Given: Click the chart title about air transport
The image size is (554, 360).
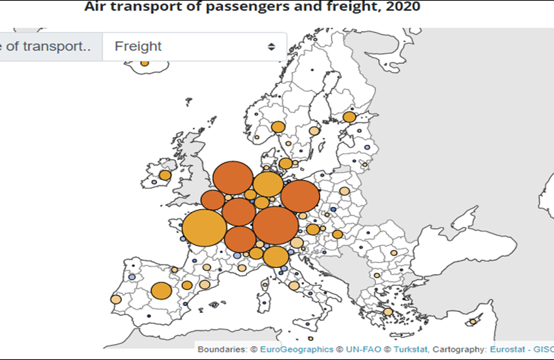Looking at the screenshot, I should (252, 7).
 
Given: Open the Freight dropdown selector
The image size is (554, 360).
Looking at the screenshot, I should (194, 46).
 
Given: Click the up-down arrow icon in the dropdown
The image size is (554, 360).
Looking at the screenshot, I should (272, 46).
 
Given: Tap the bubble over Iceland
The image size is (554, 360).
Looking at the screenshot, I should (145, 63).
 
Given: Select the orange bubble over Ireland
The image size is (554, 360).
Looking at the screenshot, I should (165, 175).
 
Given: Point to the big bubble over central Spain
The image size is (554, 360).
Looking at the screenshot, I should (161, 291).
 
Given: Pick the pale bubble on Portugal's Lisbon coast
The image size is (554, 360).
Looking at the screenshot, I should (116, 300).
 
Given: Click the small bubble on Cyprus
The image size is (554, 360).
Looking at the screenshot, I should (474, 321).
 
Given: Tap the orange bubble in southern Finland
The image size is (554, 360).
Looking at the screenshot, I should (350, 117).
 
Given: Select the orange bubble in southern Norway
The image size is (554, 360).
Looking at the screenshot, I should (278, 127).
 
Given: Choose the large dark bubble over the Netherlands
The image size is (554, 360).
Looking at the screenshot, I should (232, 178).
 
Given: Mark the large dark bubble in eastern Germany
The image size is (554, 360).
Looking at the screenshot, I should (300, 196).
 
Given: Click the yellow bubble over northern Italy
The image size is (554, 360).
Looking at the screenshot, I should (276, 256).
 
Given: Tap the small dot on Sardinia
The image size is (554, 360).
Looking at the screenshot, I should (264, 303).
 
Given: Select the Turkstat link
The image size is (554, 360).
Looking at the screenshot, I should (408, 349).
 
